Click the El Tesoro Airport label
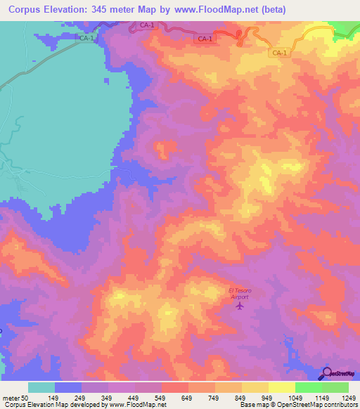[x=240, y=294]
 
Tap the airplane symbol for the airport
[x=240, y=306]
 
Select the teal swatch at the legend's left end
[x=41, y=387]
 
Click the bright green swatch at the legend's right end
[x=335, y=387]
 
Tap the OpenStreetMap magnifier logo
[x=326, y=373]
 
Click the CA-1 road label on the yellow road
[x=279, y=53]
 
